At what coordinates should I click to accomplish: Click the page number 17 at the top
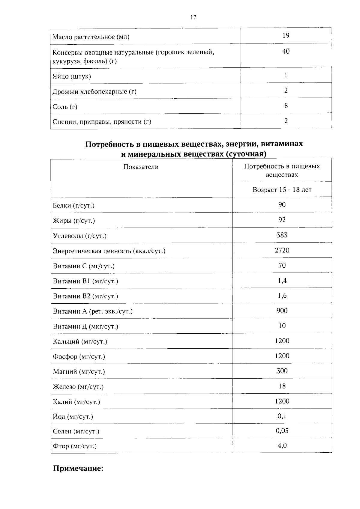(x=193, y=17)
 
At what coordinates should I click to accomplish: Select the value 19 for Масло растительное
(x=286, y=36)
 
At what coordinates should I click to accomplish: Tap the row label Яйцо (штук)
(x=72, y=76)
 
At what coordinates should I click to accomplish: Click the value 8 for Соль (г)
(x=286, y=106)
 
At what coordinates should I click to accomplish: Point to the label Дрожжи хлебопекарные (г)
(x=94, y=92)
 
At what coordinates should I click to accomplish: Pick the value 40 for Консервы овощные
(x=286, y=51)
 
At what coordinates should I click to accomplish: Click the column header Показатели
(x=141, y=167)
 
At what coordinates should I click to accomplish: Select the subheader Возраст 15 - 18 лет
(x=282, y=190)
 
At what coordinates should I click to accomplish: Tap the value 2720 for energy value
(x=282, y=250)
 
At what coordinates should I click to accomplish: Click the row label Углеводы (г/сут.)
(x=80, y=236)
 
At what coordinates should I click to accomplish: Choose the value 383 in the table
(x=282, y=235)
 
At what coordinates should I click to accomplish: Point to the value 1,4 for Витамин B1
(x=282, y=281)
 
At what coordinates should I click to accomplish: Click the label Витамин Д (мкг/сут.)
(x=85, y=326)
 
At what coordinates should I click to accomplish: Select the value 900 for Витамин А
(x=282, y=311)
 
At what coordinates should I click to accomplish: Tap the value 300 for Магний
(x=282, y=371)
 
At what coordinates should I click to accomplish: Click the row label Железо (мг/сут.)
(x=78, y=387)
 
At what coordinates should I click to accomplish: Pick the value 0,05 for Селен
(x=282, y=431)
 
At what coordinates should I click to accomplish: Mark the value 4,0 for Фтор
(x=282, y=446)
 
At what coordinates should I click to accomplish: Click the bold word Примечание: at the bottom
(x=78, y=468)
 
